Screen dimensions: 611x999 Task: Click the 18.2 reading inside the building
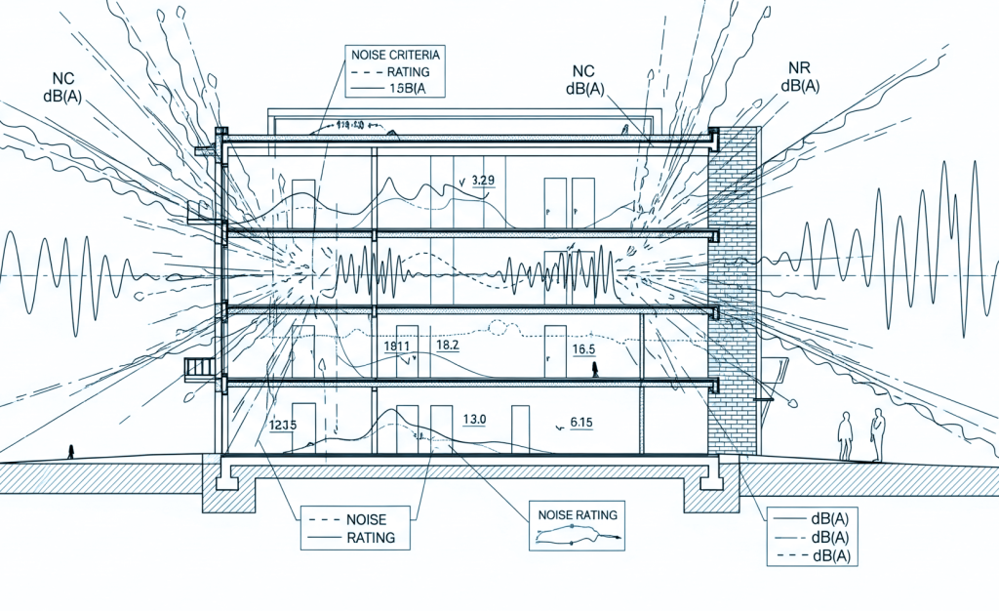[x=450, y=346]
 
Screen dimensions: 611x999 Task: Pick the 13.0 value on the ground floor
[x=475, y=420]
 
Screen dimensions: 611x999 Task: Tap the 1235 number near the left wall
[x=282, y=426]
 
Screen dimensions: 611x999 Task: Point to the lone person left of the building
[x=70, y=451]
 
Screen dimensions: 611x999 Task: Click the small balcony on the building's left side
[x=199, y=367]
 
